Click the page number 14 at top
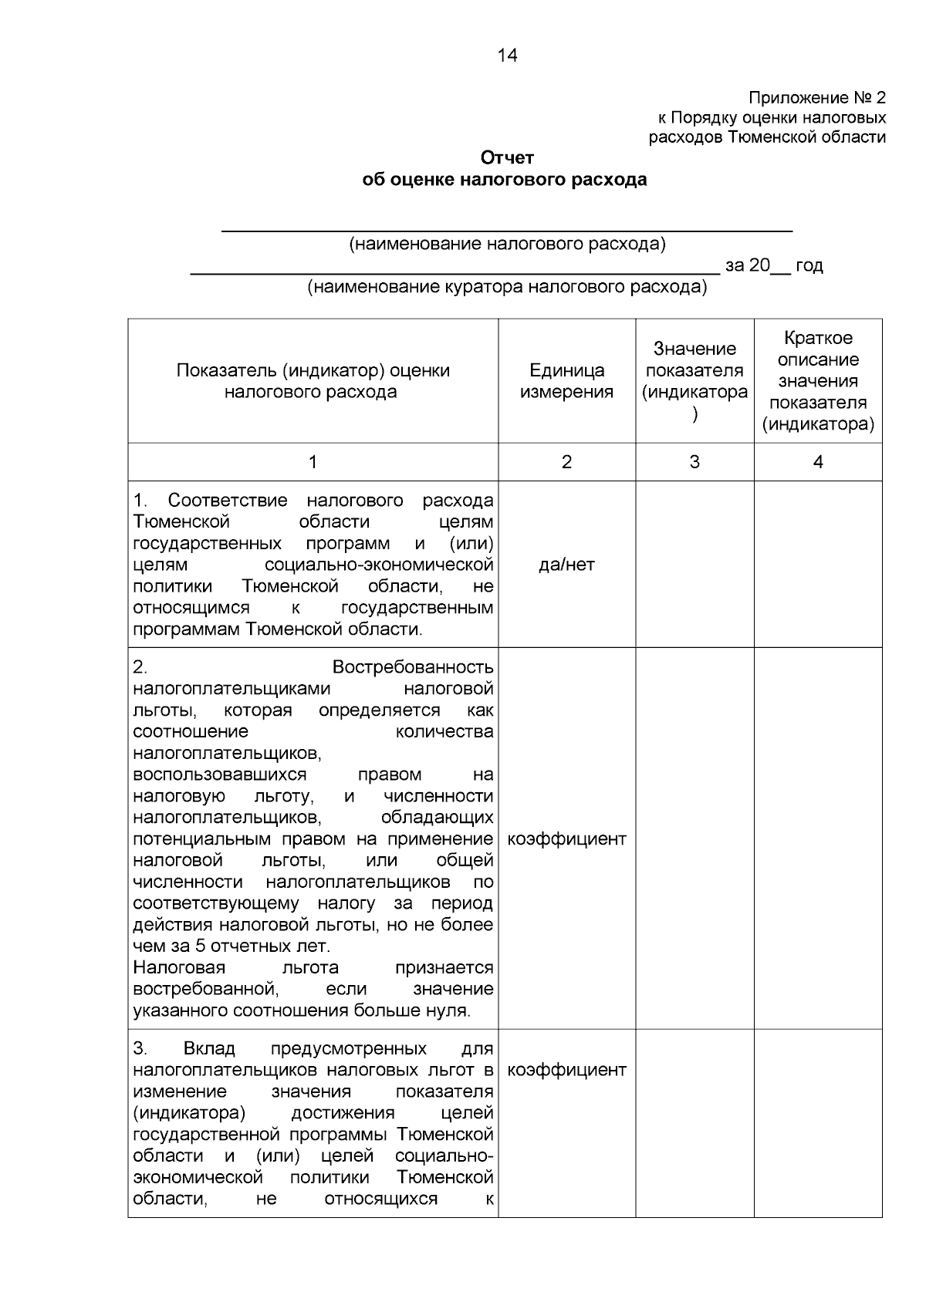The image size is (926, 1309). (x=508, y=56)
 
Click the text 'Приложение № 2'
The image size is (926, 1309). (x=817, y=98)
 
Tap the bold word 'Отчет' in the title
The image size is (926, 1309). (x=507, y=158)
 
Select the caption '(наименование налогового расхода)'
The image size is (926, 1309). (x=507, y=245)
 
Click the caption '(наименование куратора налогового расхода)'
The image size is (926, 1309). (x=507, y=288)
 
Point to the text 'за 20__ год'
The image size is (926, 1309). (x=773, y=266)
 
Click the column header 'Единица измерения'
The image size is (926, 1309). (x=566, y=381)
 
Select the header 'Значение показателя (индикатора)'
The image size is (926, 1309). (x=694, y=381)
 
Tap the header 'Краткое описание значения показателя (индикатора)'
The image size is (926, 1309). (x=818, y=381)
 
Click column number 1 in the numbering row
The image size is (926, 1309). (x=313, y=462)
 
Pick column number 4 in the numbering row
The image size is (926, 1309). (x=818, y=462)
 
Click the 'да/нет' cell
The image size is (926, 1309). (x=566, y=565)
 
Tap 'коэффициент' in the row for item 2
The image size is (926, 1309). (x=566, y=838)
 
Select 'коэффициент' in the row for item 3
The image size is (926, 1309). (x=566, y=1070)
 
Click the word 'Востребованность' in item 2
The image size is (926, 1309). (x=413, y=667)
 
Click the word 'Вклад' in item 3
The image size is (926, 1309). (x=209, y=1049)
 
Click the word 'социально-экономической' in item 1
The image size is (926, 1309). (x=378, y=565)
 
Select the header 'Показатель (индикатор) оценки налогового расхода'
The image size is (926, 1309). (x=313, y=381)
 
